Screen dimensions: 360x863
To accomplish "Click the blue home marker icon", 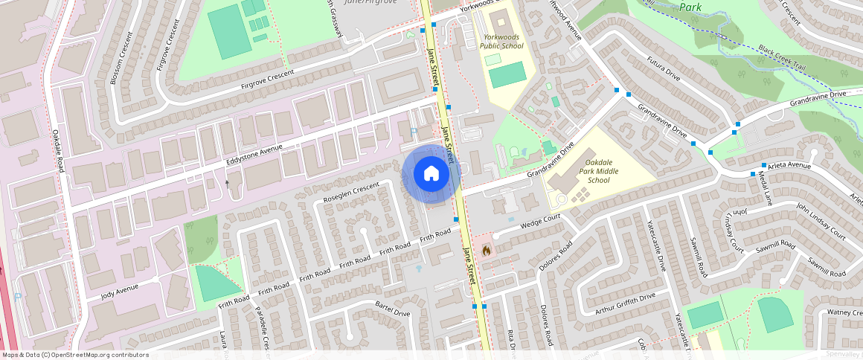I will [x=431, y=174].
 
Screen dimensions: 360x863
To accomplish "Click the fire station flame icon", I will [x=487, y=251].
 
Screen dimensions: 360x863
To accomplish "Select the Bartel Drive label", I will [x=393, y=309].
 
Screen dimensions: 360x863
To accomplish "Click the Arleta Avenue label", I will [x=789, y=165].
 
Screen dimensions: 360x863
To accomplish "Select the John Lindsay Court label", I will [x=821, y=221].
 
